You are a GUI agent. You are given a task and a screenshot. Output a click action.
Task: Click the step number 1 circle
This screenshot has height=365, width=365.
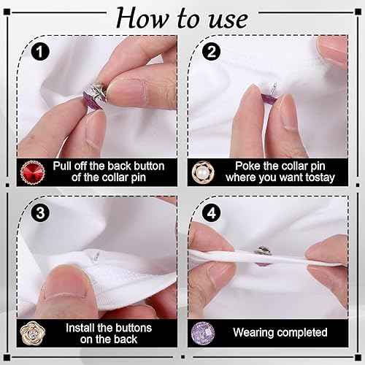(40, 52)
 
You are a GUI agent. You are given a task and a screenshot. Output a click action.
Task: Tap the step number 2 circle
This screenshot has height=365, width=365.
(212, 52)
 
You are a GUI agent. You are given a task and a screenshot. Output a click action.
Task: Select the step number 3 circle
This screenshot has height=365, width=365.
(40, 213)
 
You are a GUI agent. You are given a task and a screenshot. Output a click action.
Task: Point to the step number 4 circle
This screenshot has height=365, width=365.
(212, 213)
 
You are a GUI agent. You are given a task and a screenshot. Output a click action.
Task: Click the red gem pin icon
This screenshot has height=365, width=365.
(33, 172)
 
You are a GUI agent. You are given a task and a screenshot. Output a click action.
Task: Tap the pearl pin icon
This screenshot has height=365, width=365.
(200, 172)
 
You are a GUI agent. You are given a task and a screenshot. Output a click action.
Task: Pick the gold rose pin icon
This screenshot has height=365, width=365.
(33, 333)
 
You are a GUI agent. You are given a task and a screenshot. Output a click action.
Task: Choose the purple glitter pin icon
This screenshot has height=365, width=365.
(203, 333)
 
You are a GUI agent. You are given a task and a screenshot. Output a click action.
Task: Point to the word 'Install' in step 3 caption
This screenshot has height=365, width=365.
(80, 328)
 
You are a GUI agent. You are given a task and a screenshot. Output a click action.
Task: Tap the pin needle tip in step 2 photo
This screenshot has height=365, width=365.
(275, 83)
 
